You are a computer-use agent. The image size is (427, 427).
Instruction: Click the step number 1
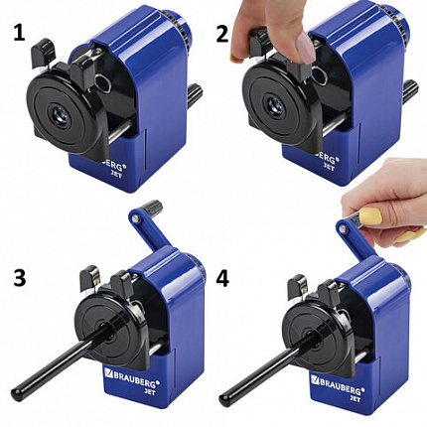tap(19, 34)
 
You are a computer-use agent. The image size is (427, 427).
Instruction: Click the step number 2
tap(222, 34)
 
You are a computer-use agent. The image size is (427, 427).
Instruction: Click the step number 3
tap(20, 277)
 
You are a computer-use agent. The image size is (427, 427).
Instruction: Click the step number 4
tap(222, 278)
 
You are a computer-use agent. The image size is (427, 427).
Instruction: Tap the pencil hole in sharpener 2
tap(275, 104)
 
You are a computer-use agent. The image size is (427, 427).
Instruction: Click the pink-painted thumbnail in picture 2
tap(307, 49)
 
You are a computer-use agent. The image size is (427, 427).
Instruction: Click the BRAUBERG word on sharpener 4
tap(340, 382)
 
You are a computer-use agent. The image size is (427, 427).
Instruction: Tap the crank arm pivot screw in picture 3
tap(134, 218)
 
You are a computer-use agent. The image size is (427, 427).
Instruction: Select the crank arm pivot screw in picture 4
tap(344, 227)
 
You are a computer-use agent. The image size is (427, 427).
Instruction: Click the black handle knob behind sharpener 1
tap(194, 93)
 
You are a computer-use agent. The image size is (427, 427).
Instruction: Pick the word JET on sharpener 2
tap(328, 167)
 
